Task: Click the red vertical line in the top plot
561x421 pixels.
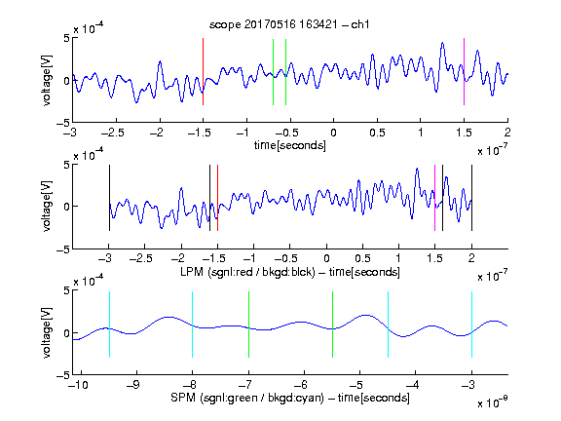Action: click(203, 71)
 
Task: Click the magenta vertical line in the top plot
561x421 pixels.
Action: click(464, 71)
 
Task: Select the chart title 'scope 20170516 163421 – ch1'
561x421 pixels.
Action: click(289, 24)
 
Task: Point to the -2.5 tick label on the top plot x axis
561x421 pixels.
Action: click(112, 133)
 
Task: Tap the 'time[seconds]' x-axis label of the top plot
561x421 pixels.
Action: click(290, 145)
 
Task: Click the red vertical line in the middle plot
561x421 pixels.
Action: click(217, 198)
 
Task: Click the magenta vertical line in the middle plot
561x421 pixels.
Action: click(434, 198)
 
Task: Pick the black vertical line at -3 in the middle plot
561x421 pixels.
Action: click(109, 198)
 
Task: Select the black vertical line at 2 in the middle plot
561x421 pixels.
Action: click(471, 198)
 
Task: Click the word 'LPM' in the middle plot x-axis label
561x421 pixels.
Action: click(192, 272)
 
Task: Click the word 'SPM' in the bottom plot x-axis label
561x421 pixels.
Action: click(183, 398)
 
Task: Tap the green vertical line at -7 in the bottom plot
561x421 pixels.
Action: click(248, 325)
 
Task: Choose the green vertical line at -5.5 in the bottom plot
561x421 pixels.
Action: click(332, 325)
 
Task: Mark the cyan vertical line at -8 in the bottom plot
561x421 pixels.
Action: click(192, 325)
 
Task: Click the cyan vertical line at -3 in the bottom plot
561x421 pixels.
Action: click(471, 325)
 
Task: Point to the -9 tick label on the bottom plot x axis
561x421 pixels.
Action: click(132, 385)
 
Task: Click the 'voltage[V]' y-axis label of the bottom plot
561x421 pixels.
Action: click(47, 332)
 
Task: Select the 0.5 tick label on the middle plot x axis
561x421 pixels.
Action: click(362, 258)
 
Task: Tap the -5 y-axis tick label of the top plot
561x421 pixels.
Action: click(63, 123)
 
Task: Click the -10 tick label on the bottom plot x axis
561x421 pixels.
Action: click(78, 385)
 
